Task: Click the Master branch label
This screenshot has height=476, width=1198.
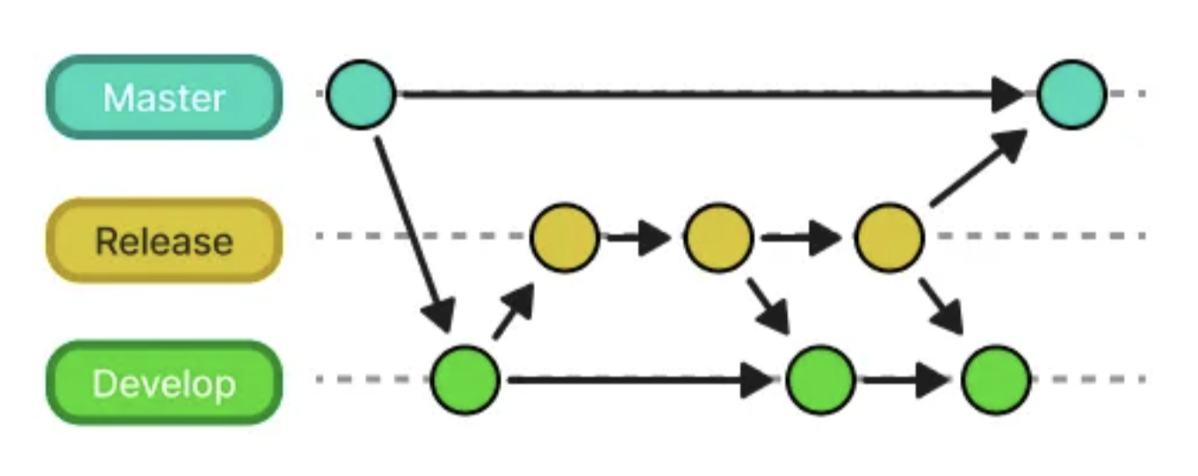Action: coord(163,97)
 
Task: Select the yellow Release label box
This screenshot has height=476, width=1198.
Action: coord(163,240)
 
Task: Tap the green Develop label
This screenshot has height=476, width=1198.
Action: coord(163,383)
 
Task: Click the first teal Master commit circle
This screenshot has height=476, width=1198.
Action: coord(361,94)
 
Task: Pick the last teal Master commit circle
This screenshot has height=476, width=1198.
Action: coord(1072,94)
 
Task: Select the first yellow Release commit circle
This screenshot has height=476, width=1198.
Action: coord(566,237)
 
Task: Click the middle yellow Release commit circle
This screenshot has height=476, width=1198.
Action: coord(718,237)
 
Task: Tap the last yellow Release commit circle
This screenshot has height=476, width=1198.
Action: coord(890,237)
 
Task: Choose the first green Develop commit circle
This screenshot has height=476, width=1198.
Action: coord(465,380)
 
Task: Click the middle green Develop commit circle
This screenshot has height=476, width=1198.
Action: coord(820,380)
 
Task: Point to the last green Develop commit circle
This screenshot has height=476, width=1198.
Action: coord(995,380)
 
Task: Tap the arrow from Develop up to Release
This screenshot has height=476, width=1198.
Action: coord(513,312)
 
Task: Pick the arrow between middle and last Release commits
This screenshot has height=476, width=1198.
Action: coord(801,237)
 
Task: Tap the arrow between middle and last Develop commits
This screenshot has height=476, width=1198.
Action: coord(905,380)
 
